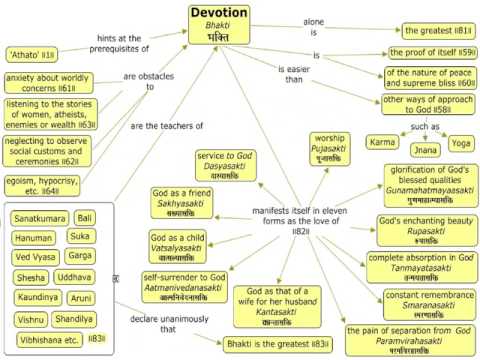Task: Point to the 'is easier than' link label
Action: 296,73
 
